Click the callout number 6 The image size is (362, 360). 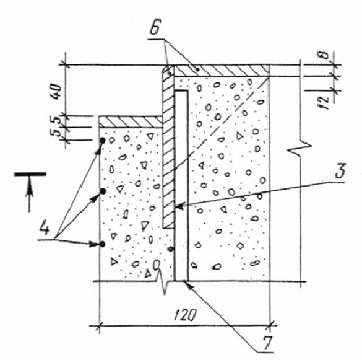[155, 27]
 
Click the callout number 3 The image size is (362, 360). [340, 170]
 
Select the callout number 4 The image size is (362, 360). [44, 227]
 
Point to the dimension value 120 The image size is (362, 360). [185, 315]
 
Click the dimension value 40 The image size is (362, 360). [56, 91]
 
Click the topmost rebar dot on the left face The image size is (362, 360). [103, 140]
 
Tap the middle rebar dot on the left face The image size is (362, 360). [103, 191]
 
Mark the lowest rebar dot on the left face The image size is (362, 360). [103, 244]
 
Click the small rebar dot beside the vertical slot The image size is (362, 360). [171, 249]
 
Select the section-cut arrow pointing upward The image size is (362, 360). [29, 193]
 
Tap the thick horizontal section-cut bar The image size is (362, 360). [30, 174]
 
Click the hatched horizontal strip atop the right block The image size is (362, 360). [221, 71]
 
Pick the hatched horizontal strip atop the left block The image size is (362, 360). [131, 122]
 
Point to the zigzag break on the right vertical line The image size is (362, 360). [300, 149]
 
